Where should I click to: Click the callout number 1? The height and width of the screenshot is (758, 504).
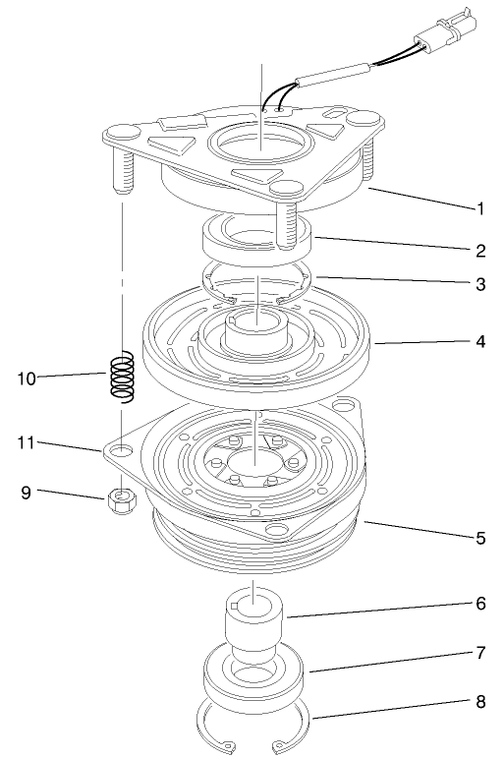(x=481, y=208)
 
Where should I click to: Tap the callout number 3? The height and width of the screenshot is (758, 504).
(x=481, y=285)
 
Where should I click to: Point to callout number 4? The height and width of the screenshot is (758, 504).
(x=481, y=342)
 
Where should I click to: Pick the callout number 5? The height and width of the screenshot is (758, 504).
(x=481, y=539)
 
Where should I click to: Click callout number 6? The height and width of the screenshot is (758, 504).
(x=481, y=603)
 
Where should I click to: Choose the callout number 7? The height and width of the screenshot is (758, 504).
(x=481, y=653)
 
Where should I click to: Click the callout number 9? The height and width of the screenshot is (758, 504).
(x=28, y=490)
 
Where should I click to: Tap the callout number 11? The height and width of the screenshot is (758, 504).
(x=28, y=443)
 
